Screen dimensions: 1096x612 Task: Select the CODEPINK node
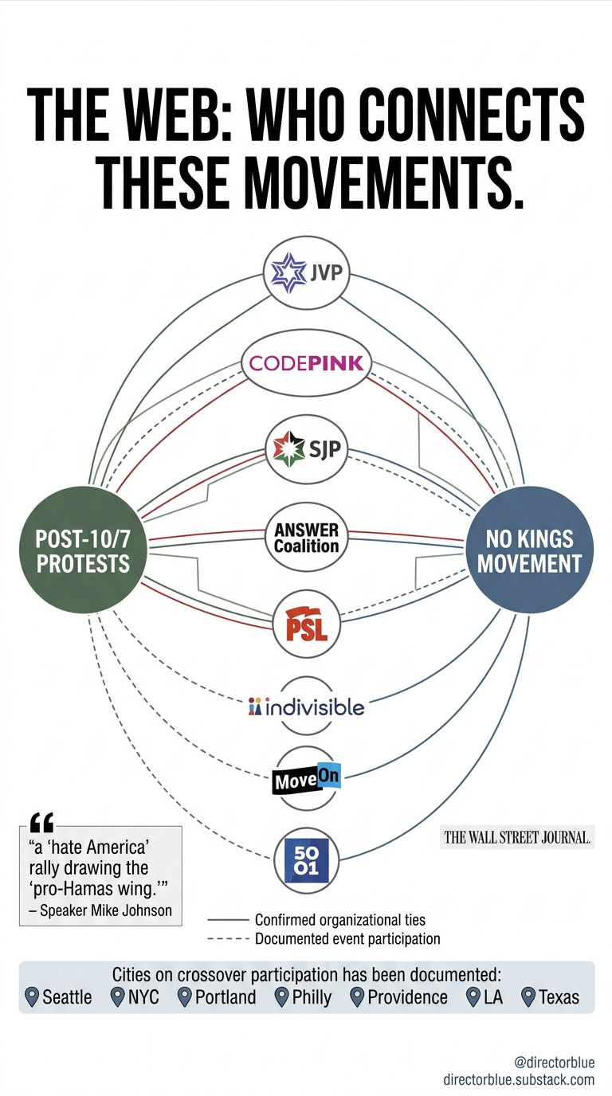click(x=306, y=364)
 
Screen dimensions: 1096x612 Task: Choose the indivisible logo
click(x=306, y=707)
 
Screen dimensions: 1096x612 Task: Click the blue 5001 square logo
click(x=306, y=861)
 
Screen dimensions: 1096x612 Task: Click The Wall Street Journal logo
click(x=516, y=837)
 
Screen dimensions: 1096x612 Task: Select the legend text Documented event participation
click(x=347, y=939)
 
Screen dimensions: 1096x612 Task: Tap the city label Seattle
click(x=67, y=997)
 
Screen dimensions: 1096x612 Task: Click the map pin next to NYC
click(x=118, y=996)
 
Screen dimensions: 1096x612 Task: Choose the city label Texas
click(x=559, y=997)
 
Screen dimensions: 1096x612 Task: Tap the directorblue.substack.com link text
click(x=519, y=1080)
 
